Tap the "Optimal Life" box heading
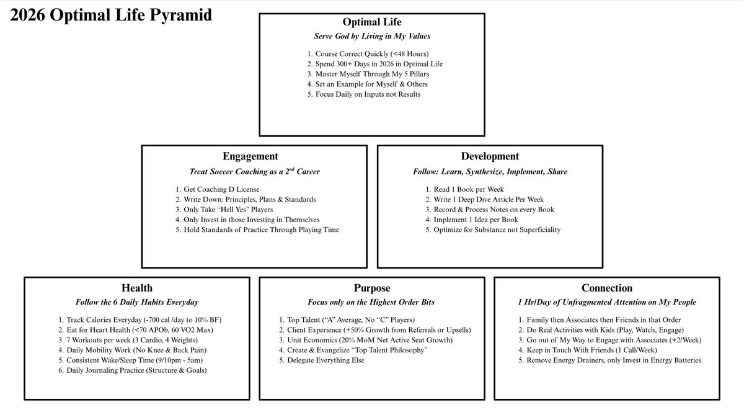[x=371, y=23]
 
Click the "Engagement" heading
[x=250, y=156]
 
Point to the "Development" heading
[x=490, y=156]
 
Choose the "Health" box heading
[x=137, y=288]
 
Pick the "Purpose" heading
[x=371, y=288]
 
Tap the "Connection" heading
[x=606, y=288]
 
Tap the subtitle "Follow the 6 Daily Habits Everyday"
[x=137, y=302]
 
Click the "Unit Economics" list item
[x=366, y=340]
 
